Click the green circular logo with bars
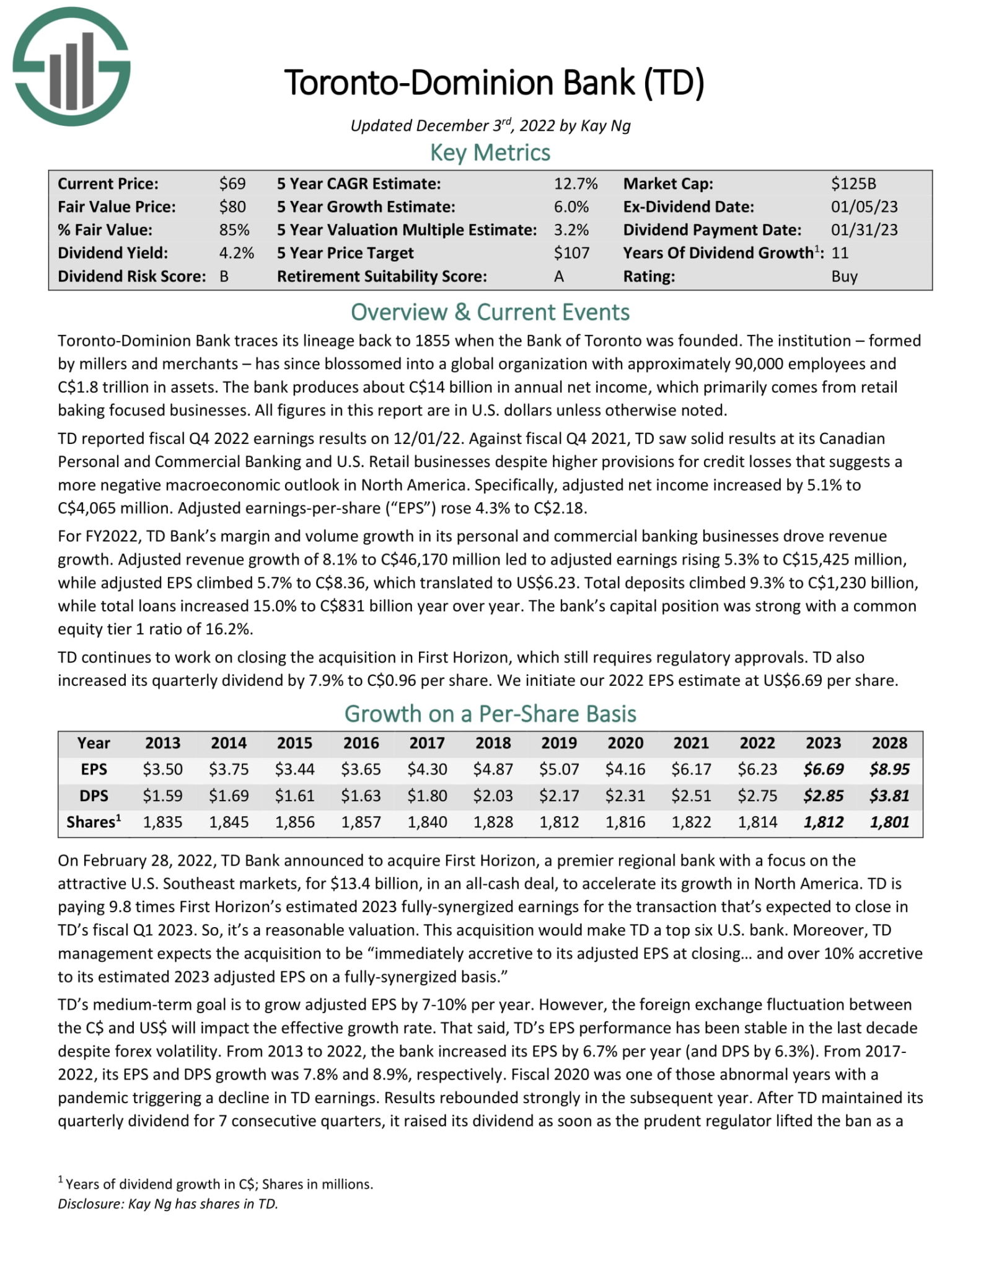[71, 66]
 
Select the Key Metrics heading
[490, 153]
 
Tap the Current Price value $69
[232, 184]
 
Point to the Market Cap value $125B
[853, 184]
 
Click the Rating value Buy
[844, 277]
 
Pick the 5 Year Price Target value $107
[571, 253]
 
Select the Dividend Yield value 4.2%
[237, 253]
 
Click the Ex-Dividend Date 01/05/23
[864, 206]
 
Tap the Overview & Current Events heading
[490, 312]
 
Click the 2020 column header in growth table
[625, 743]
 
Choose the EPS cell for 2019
[559, 770]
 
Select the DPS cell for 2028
[889, 796]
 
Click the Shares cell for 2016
[361, 822]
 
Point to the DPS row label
[94, 796]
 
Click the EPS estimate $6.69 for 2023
[823, 770]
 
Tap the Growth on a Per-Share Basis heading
[490, 714]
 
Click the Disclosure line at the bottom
[168, 1204]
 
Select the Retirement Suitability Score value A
[558, 277]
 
